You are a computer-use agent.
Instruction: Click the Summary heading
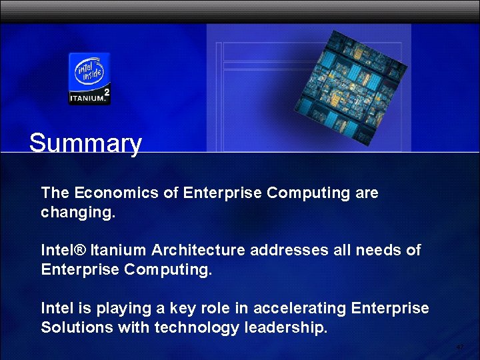pyautogui.click(x=85, y=143)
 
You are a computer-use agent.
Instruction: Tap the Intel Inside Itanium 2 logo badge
pyautogui.click(x=89, y=78)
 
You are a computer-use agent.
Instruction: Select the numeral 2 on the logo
pyautogui.click(x=106, y=91)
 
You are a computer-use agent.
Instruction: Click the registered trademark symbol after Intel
pyautogui.click(x=80, y=250)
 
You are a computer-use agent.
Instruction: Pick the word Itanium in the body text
pyautogui.click(x=119, y=250)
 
